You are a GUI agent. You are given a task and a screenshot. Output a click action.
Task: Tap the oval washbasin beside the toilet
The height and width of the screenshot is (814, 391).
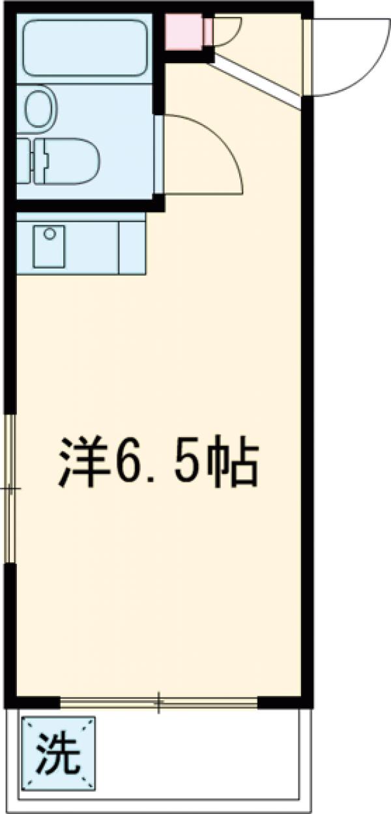(42, 108)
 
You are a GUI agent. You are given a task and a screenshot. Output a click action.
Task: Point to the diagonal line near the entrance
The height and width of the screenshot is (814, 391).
(257, 81)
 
